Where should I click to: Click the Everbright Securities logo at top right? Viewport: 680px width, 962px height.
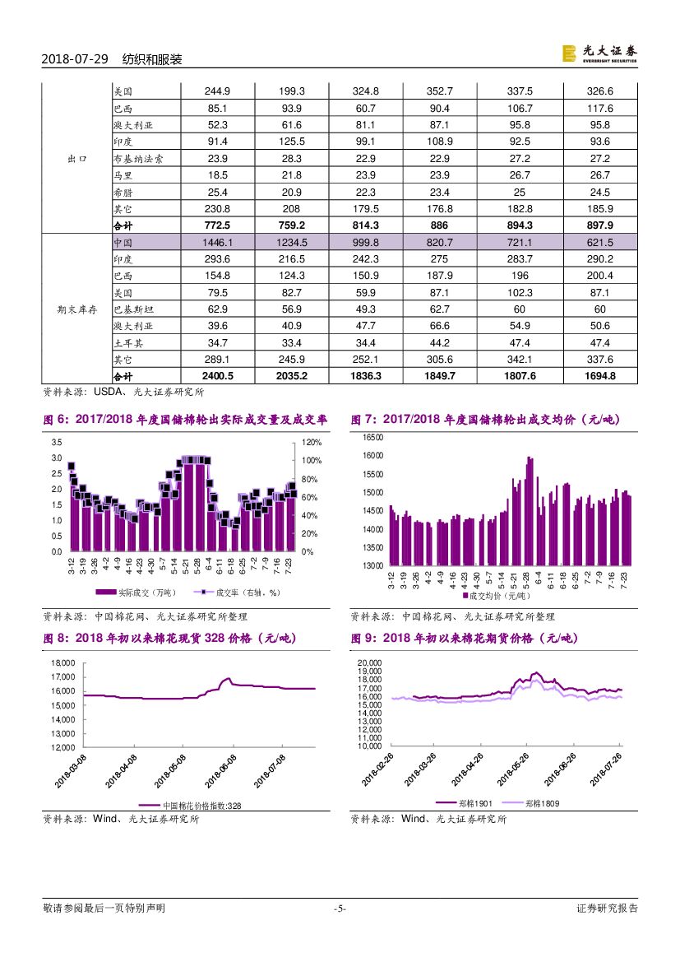[599, 53]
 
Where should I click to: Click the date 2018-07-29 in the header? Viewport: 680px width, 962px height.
[75, 60]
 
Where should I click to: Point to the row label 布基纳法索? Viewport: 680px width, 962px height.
[137, 158]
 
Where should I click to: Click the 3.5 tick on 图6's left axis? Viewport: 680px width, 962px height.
[56, 443]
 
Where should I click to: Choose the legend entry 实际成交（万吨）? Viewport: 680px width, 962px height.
[123, 593]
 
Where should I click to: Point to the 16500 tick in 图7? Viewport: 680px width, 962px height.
[373, 437]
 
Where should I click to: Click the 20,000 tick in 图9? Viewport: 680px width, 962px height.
[369, 662]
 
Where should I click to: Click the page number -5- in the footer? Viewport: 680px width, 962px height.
[340, 909]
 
